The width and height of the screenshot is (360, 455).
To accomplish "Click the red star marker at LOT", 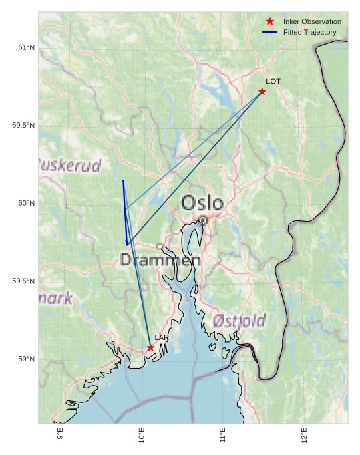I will pyautogui.click(x=262, y=92).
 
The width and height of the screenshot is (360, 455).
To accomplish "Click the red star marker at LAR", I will pyautogui.click(x=150, y=347).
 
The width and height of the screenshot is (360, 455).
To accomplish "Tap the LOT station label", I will pyautogui.click(x=273, y=82).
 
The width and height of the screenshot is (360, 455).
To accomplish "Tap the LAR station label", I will pyautogui.click(x=162, y=337).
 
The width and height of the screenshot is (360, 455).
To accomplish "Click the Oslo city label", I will pyautogui.click(x=202, y=203).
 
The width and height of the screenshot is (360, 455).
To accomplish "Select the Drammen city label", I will pyautogui.click(x=160, y=261).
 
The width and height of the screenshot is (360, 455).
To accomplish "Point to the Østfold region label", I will pyautogui.click(x=240, y=321).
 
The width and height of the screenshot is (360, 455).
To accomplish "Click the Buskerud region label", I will pyautogui.click(x=69, y=165).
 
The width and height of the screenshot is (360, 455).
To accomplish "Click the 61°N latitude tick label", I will pyautogui.click(x=26, y=47).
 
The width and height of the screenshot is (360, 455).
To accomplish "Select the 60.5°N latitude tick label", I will pyautogui.click(x=23, y=126).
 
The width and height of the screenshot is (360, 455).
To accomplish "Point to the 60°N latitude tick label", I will pyautogui.click(x=26, y=203).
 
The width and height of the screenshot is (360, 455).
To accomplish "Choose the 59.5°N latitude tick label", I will pyautogui.click(x=23, y=281).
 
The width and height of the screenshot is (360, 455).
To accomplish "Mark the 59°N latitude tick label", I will pyautogui.click(x=26, y=359).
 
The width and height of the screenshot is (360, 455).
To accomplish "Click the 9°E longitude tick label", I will pyautogui.click(x=60, y=434).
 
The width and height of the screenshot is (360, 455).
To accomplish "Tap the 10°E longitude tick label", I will pyautogui.click(x=142, y=435).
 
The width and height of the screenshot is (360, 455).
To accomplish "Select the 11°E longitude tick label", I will pyautogui.click(x=223, y=435).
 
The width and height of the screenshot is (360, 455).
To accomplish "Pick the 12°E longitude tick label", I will pyautogui.click(x=305, y=435).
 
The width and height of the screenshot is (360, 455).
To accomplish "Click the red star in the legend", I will pyautogui.click(x=270, y=21).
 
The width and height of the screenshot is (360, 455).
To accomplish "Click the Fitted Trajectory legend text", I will pyautogui.click(x=309, y=32).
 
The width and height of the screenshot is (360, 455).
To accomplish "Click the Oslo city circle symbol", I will pyautogui.click(x=202, y=220).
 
